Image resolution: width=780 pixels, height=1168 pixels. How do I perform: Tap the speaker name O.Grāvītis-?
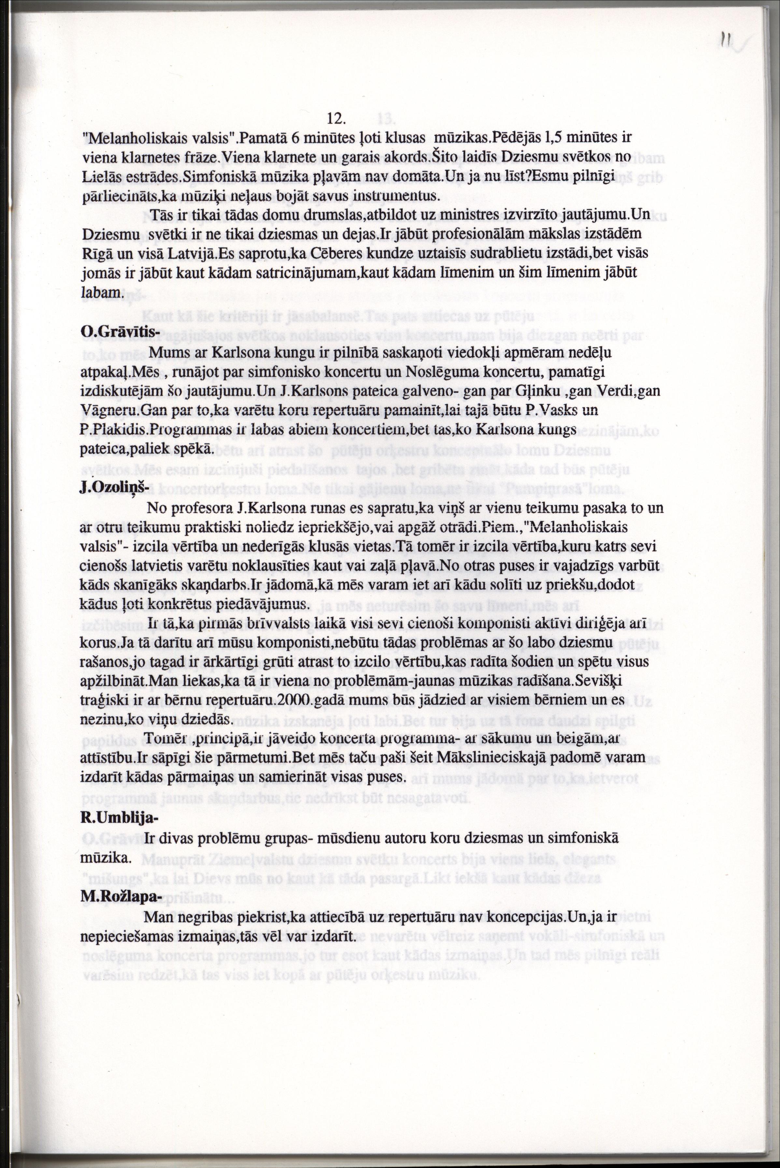click(x=114, y=331)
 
